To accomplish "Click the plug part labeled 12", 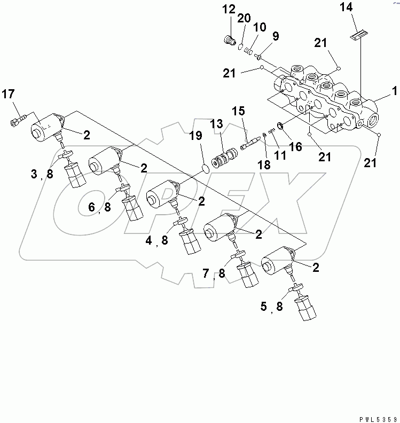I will tap(230, 40).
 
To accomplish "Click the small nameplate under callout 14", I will tap(357, 35).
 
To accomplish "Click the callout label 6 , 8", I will tap(100, 208).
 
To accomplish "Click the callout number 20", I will tap(244, 18).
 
